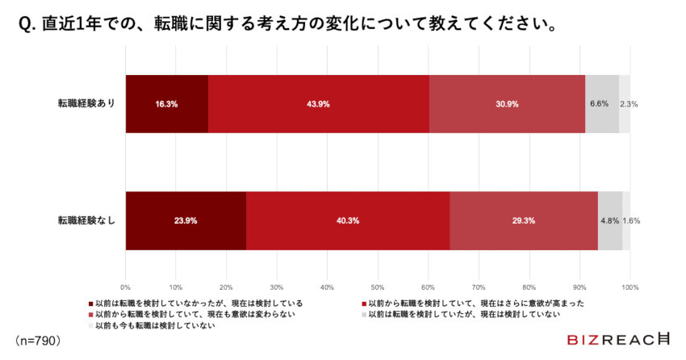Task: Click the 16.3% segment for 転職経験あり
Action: pyautogui.click(x=166, y=103)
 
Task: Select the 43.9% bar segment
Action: pyautogui.click(x=318, y=103)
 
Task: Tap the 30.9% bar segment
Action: pyautogui.click(x=507, y=103)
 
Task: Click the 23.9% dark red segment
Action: pyautogui.click(x=186, y=220)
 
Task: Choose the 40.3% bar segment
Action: pyautogui.click(x=347, y=220)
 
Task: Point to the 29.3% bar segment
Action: pyautogui.click(x=523, y=220)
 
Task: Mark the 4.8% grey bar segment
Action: pyautogui.click(x=610, y=220)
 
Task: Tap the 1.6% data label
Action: pyautogui.click(x=632, y=220)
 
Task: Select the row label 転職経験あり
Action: pyautogui.click(x=86, y=103)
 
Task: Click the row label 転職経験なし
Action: pyautogui.click(x=86, y=220)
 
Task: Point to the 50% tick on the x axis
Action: pyautogui.click(x=378, y=287)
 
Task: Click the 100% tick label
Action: pyautogui.click(x=631, y=287)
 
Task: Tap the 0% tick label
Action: pyautogui.click(x=125, y=287)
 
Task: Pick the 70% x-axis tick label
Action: pyautogui.click(x=479, y=287)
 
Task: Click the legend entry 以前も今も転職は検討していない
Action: pyautogui.click(x=153, y=325)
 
